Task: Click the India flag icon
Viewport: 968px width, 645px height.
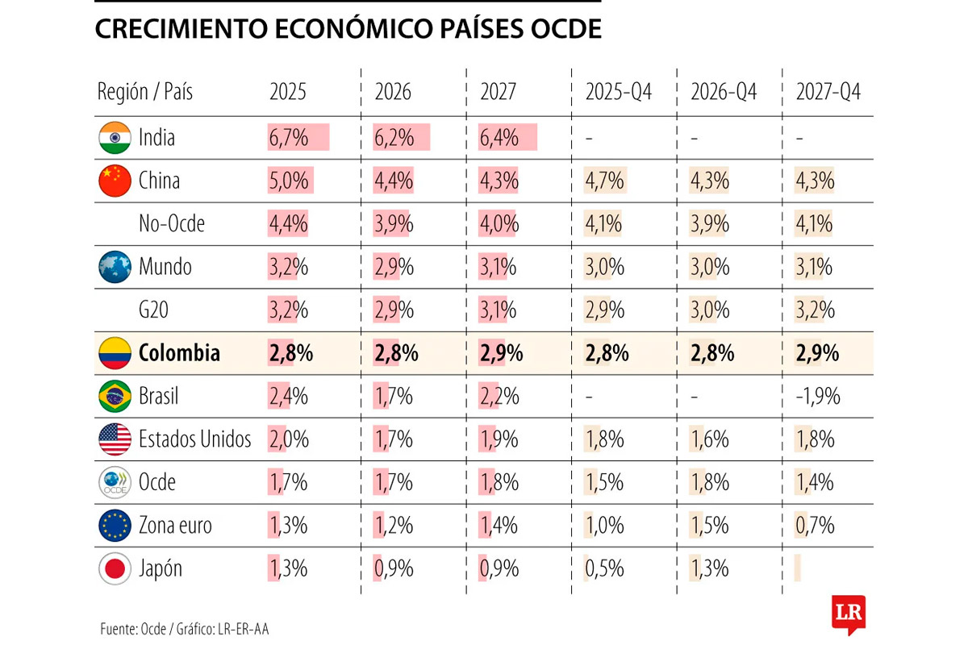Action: pos(115,137)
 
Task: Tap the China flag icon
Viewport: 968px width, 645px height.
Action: pos(115,181)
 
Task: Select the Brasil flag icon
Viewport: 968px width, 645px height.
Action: pos(115,396)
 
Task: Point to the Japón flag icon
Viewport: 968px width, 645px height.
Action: pos(115,568)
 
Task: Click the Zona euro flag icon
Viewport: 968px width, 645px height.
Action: pos(115,526)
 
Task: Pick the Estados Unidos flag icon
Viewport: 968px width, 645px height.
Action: pos(115,439)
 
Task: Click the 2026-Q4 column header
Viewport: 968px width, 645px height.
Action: pos(724,92)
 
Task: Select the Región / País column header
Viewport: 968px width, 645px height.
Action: pos(145,92)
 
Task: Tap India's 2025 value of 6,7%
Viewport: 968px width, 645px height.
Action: pos(289,138)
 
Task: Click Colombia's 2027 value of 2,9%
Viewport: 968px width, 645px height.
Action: pos(502,353)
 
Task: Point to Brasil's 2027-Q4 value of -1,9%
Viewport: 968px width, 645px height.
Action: pos(818,397)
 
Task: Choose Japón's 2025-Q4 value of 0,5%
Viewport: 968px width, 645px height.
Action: pos(605,568)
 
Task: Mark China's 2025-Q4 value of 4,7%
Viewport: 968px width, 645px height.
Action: pos(605,181)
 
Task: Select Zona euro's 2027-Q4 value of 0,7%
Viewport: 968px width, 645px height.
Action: pos(815,526)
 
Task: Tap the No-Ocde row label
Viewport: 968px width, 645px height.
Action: pos(172,224)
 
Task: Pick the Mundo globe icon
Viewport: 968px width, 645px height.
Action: pos(115,267)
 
